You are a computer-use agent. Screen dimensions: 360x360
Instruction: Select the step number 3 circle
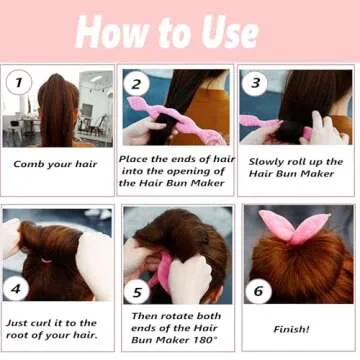click(256, 84)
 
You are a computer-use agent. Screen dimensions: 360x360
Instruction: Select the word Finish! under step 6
click(292, 329)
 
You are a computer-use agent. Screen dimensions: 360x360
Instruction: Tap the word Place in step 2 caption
click(135, 158)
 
